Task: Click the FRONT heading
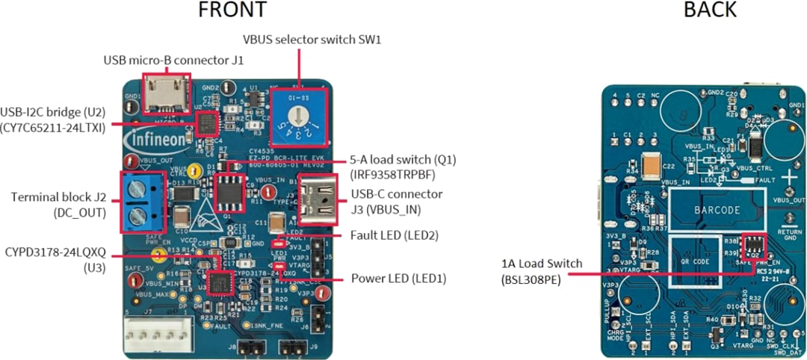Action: click(x=232, y=10)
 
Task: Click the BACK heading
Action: click(x=709, y=10)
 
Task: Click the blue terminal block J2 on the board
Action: click(x=143, y=202)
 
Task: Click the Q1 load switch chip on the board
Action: click(x=229, y=192)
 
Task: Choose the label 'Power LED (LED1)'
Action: click(x=398, y=279)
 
